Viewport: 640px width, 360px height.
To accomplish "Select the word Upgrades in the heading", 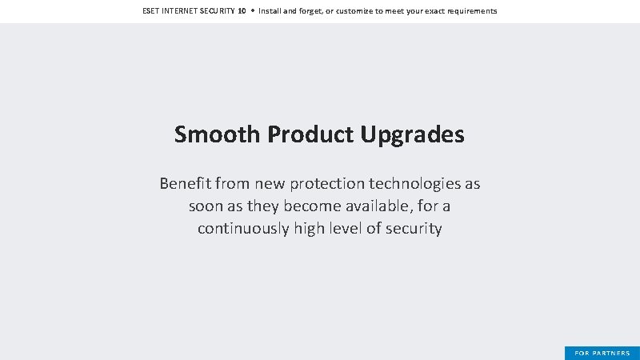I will pyautogui.click(x=412, y=134).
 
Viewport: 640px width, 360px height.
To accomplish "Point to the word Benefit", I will pyautogui.click(x=185, y=184).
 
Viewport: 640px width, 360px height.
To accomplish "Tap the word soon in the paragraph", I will pyautogui.click(x=206, y=206).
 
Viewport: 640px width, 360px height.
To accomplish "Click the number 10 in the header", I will pyautogui.click(x=242, y=11).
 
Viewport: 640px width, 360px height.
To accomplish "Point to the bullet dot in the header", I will pyautogui.click(x=252, y=11).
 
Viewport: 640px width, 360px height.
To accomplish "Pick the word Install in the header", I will pyautogui.click(x=269, y=11).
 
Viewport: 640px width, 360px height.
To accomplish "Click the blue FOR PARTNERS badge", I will pyautogui.click(x=602, y=353).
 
